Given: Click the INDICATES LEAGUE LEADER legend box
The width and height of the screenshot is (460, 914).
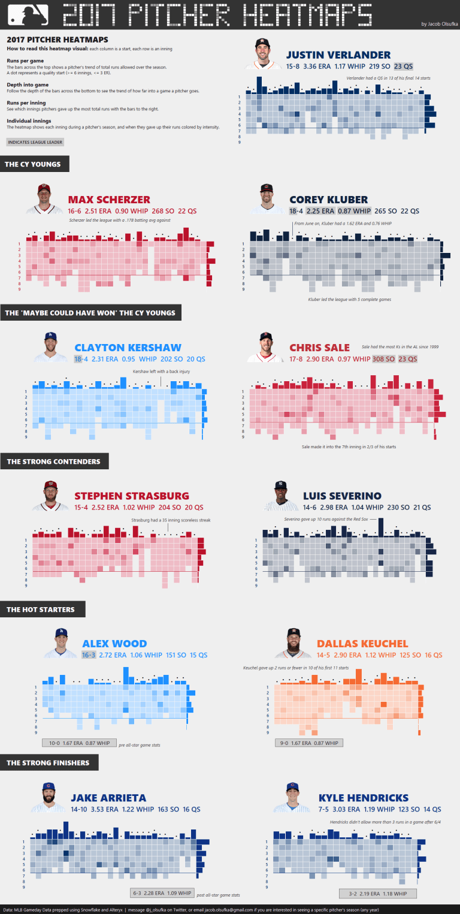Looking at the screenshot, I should tap(35, 142).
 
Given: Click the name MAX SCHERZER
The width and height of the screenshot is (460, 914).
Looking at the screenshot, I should tap(109, 200).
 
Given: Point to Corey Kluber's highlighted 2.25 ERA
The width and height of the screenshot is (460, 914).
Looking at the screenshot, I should tap(320, 211).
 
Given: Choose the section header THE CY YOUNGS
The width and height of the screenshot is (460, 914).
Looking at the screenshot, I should tap(31, 164).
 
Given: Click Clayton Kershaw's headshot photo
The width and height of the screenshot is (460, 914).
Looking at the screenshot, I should tap(50, 347).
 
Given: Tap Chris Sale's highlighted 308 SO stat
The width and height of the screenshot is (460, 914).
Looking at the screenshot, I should tap(383, 359).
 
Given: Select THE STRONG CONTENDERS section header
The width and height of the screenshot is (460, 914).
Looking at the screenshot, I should tap(49, 461).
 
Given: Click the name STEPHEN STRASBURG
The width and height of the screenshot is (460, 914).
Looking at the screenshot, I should tap(132, 496).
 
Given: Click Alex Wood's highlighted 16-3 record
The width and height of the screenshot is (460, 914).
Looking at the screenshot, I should tap(88, 655).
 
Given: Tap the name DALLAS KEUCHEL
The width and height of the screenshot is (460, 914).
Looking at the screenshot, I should tap(362, 644).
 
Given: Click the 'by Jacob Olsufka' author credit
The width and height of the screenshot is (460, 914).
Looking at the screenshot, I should tap(439, 24).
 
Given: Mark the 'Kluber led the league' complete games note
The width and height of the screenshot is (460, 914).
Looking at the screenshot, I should tap(341, 299).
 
